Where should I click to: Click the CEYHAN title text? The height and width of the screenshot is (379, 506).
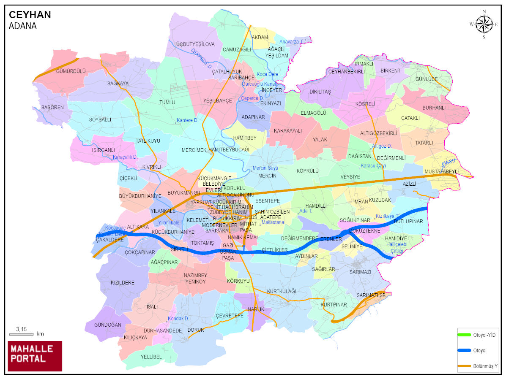30,15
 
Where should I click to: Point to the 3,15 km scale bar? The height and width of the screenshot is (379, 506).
21,334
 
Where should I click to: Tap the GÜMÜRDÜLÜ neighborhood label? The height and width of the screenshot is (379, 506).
71,71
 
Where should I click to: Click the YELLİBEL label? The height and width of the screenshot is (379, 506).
151,357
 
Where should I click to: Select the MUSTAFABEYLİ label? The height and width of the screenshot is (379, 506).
441,171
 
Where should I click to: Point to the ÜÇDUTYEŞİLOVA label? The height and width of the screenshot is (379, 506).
195,44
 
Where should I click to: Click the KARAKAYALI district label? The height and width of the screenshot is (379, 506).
288,131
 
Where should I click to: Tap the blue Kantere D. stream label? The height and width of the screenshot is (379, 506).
188,120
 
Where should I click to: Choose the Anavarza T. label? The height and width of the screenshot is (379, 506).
291,42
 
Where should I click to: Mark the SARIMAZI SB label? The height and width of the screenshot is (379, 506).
371,295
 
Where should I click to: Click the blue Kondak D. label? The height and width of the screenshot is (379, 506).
178,319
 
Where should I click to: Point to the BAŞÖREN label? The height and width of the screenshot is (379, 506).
52,107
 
